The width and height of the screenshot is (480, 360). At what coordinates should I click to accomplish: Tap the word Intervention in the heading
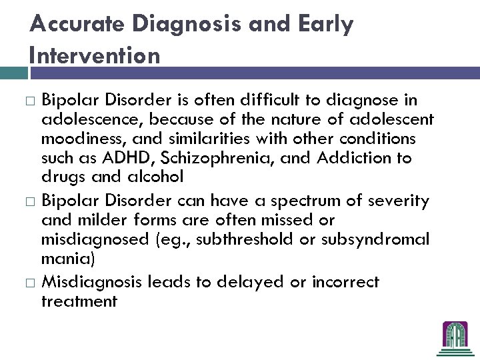click(x=95, y=55)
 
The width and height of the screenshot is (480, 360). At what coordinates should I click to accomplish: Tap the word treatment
click(x=79, y=301)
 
